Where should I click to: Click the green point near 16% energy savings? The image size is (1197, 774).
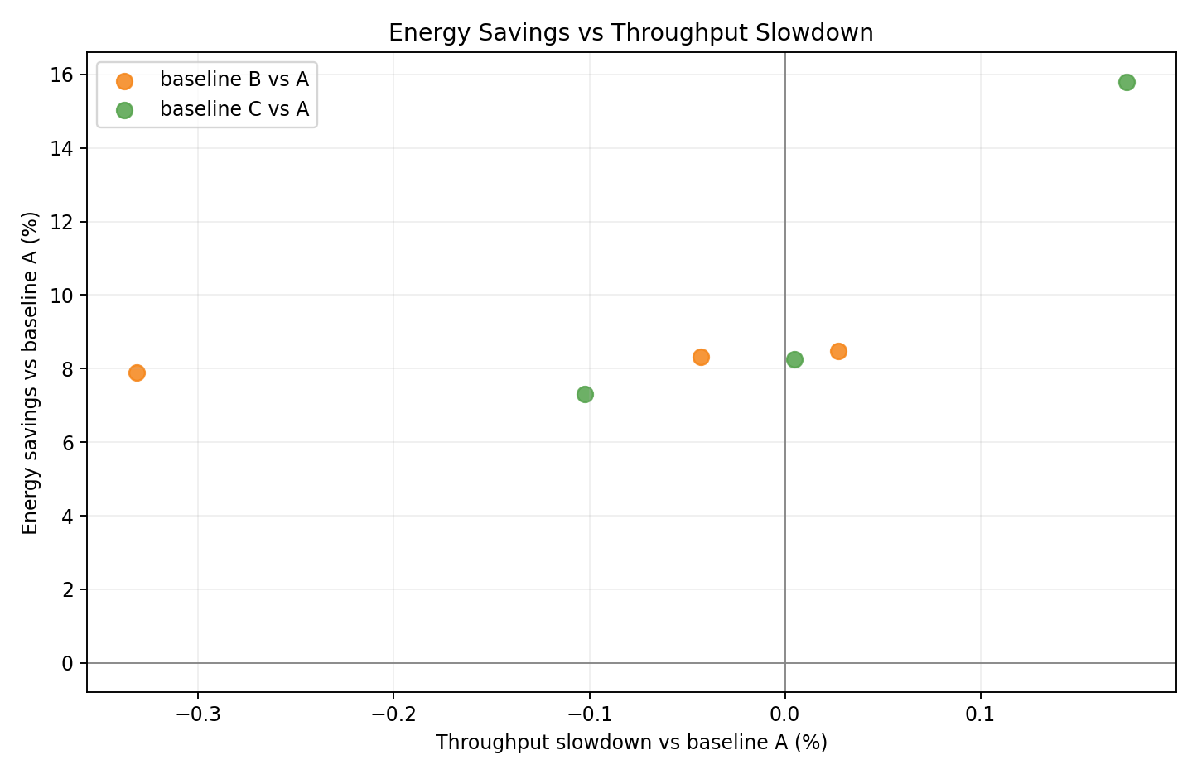coord(1127,82)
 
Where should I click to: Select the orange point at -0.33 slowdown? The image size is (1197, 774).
coord(137,373)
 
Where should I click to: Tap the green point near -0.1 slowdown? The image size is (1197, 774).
coord(585,394)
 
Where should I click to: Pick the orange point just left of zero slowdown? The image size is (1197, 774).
coord(701,357)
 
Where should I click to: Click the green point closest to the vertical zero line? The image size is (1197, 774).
coord(794,359)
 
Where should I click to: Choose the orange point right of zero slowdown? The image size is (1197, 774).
coord(838,351)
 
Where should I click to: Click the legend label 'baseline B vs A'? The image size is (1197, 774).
coord(234,79)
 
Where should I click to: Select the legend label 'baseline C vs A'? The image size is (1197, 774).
coord(234,109)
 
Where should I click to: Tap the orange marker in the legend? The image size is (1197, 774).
coord(124,80)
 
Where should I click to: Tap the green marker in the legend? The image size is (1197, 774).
coord(124,110)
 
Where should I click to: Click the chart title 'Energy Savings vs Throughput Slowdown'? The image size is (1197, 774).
coord(630,33)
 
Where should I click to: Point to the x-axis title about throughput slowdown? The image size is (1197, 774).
coord(631,743)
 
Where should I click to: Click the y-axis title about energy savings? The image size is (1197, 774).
coord(31,373)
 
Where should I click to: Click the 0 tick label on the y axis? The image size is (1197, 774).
coord(68,663)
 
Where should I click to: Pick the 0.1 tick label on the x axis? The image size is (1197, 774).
coord(981,714)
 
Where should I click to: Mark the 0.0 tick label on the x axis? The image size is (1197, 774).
coord(784,714)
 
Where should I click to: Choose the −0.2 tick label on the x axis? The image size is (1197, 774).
coord(393,714)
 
